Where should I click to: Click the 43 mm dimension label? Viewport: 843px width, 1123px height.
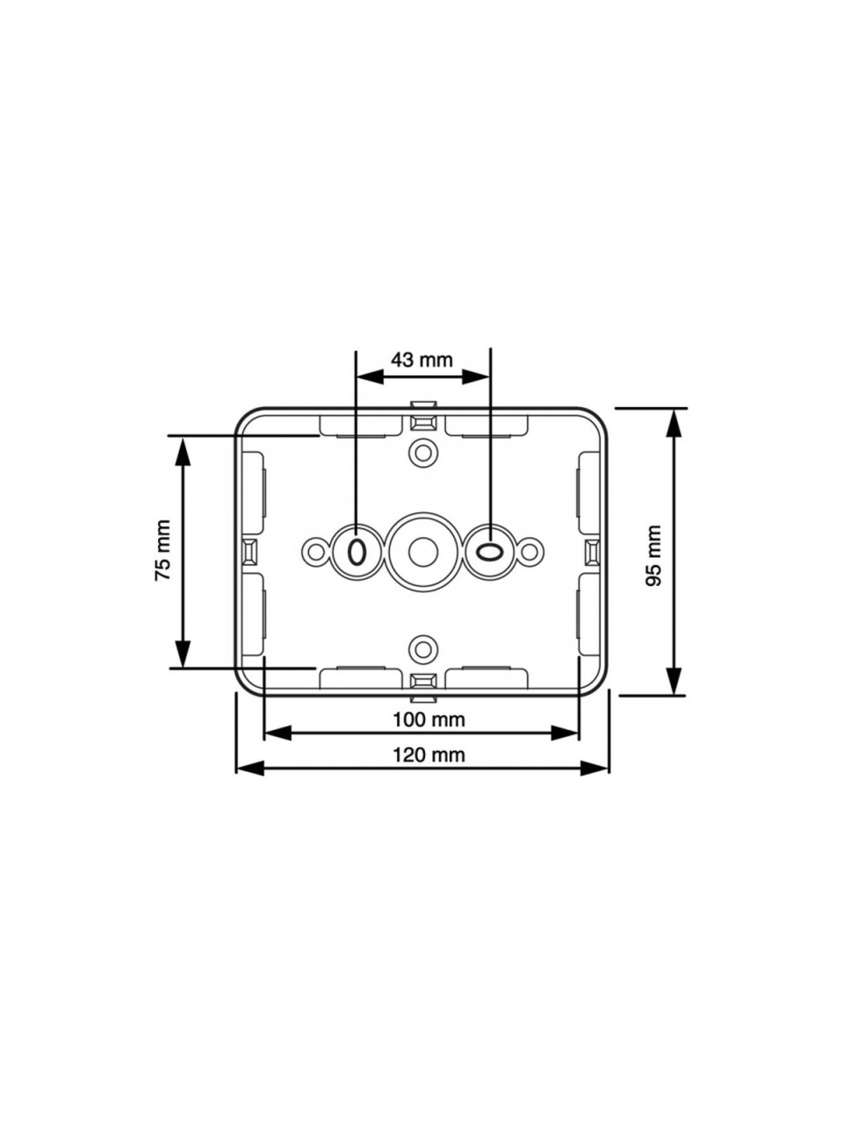pos(421,361)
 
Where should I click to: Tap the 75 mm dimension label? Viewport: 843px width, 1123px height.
pos(163,550)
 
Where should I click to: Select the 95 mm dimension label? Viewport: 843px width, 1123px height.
pos(653,555)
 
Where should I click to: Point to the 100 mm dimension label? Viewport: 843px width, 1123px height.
pos(429,720)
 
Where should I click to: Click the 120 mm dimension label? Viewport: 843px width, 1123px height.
pos(429,755)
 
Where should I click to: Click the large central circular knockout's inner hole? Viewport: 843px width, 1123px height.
pos(422,552)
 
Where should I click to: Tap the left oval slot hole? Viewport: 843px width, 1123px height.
pos(357,552)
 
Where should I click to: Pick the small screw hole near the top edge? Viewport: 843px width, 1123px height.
pos(422,452)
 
